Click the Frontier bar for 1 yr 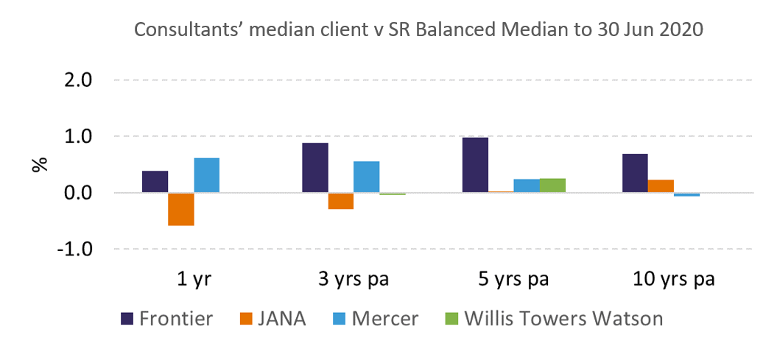tap(155, 182)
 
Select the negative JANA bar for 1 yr tap(180, 209)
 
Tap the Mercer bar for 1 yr tap(206, 175)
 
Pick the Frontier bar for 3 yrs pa tap(314, 168)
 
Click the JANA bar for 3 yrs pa tap(340, 201)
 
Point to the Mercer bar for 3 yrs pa tap(366, 177)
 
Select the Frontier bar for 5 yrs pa tap(475, 165)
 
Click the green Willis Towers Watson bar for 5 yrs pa tap(552, 186)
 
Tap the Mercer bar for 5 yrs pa tap(527, 186)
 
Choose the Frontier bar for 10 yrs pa tap(635, 173)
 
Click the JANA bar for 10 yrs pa tap(661, 186)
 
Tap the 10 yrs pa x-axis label tap(674, 280)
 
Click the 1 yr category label tap(193, 280)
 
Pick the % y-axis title tap(39, 164)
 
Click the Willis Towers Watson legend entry tap(553, 319)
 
